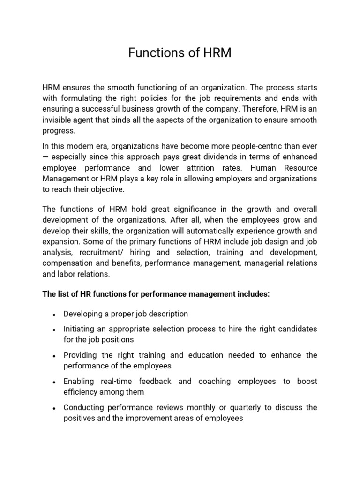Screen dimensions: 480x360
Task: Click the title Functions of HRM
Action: pos(180,53)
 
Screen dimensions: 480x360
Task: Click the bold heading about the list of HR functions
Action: pos(156,294)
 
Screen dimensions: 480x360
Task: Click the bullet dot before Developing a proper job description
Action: pos(55,315)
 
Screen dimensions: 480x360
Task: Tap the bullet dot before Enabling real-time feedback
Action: pos(55,382)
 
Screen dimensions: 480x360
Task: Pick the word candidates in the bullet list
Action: pos(298,329)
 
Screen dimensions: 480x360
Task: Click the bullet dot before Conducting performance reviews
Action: pos(55,408)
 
